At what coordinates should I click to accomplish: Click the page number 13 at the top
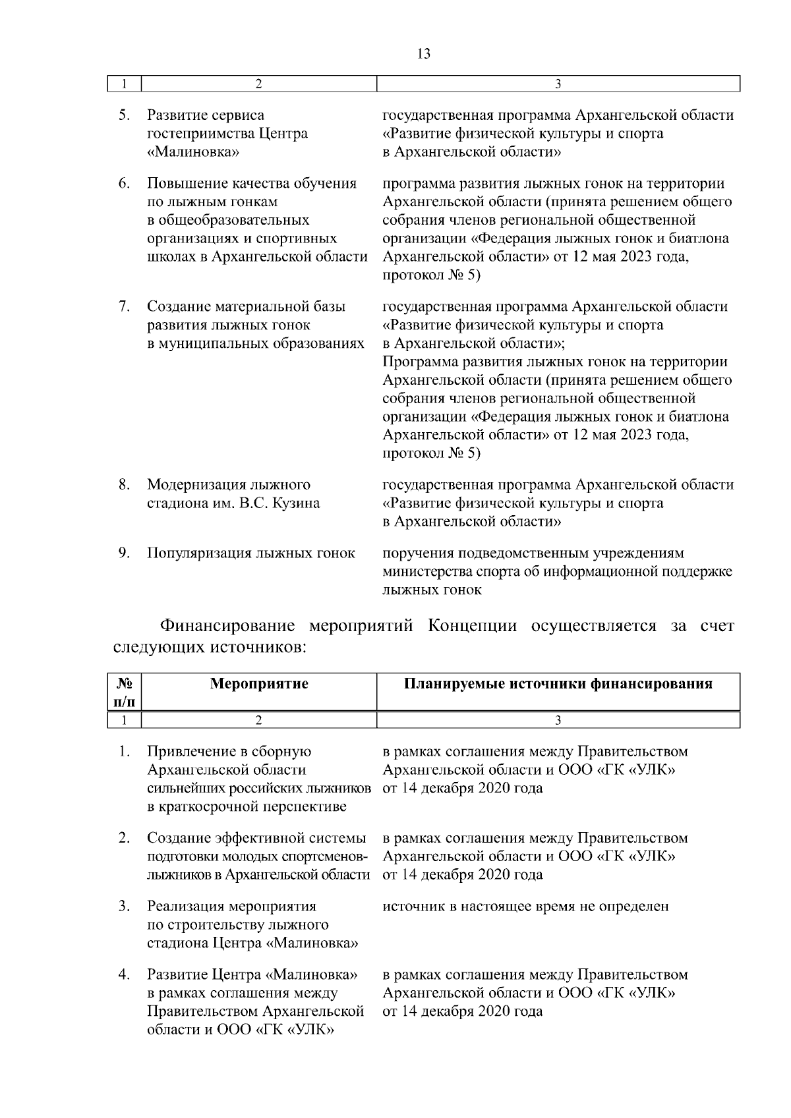click(x=424, y=54)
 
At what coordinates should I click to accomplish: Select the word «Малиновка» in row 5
click(x=192, y=152)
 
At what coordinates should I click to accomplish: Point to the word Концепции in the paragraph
click(x=472, y=625)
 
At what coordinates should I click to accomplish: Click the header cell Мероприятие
click(x=259, y=684)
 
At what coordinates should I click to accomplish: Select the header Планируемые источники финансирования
click(x=558, y=684)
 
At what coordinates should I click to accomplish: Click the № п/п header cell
click(x=125, y=692)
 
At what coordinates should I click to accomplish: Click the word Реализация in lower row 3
click(x=185, y=907)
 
